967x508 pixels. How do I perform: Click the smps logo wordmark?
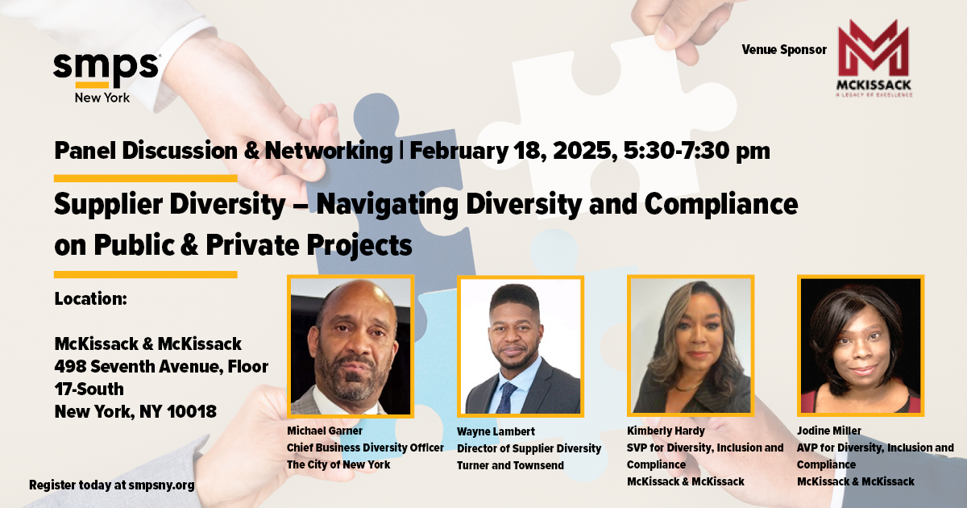coord(106,70)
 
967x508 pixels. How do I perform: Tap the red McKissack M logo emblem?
coord(874,48)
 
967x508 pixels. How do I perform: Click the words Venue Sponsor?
coord(784,50)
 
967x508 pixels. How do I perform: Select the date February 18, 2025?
coord(513,151)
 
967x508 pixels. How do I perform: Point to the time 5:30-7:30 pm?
coord(697,151)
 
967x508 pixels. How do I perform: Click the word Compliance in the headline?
coord(721,205)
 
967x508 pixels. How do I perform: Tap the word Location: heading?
coord(90,298)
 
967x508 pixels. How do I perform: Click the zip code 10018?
coord(191,411)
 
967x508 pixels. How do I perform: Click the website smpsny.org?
coord(161,485)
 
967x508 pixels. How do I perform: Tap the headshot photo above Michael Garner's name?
coord(351,347)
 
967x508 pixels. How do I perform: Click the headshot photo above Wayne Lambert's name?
coord(521,347)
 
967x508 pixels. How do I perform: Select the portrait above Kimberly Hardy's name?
coord(691,346)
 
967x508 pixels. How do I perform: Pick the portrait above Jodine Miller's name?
coord(861,346)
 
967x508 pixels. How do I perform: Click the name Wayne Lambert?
coord(496,431)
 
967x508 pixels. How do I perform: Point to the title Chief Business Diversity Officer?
coord(365,448)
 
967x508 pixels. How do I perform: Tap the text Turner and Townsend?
coord(510,465)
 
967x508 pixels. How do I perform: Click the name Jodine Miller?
coord(829,431)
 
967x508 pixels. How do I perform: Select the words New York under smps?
coord(102,98)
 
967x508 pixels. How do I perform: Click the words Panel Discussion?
coord(146,151)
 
